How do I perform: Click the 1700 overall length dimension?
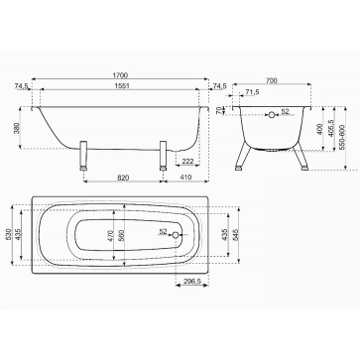pyautogui.click(x=120, y=75)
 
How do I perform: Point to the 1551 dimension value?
pyautogui.click(x=120, y=85)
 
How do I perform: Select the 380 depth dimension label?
pyautogui.click(x=17, y=128)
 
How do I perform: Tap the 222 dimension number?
pyautogui.click(x=187, y=161)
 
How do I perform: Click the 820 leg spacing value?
pyautogui.click(x=123, y=178)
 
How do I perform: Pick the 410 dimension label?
pyautogui.click(x=186, y=178)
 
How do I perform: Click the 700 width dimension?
pyautogui.click(x=272, y=80)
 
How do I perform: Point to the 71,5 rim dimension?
pyautogui.click(x=253, y=92)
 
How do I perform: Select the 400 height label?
pyautogui.click(x=319, y=129)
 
